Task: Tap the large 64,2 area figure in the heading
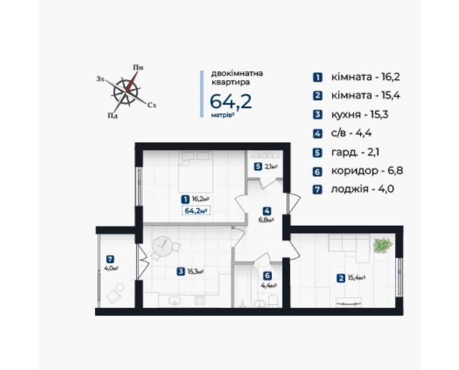tap(231, 102)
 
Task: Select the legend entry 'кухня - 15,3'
tap(360, 114)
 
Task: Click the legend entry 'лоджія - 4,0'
tap(362, 189)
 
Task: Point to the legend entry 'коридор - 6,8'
tap(367, 170)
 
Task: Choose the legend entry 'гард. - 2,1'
tap(355, 152)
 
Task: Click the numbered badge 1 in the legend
tap(317, 77)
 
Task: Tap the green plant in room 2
tap(382, 245)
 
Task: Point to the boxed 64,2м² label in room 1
tap(196, 211)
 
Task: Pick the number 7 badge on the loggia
tap(110, 259)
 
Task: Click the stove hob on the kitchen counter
tap(200, 300)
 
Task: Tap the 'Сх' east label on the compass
tap(152, 105)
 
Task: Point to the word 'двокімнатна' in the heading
tap(237, 73)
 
